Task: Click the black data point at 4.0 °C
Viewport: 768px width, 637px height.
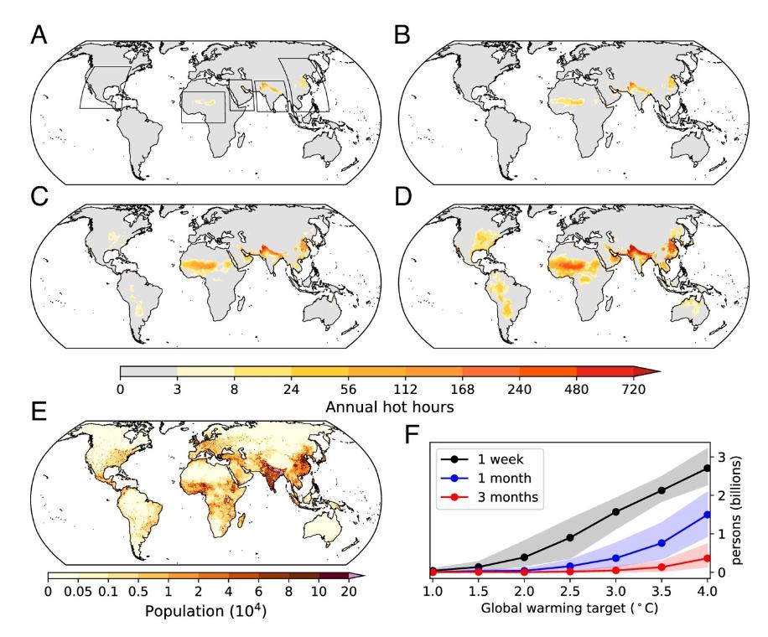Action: tap(707, 468)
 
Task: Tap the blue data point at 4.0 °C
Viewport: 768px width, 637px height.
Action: tap(707, 515)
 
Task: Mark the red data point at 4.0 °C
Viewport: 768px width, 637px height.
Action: tap(707, 558)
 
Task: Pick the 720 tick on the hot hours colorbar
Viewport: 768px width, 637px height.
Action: tap(634, 389)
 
